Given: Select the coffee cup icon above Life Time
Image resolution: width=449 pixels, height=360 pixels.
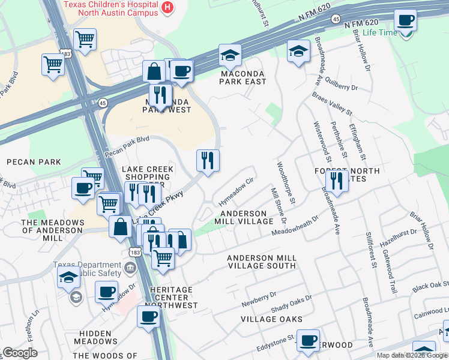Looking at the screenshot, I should click(405, 20).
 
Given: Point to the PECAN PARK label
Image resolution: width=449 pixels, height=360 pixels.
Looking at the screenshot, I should click(34, 162).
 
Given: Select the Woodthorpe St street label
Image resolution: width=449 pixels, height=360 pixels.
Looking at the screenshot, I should click(285, 182).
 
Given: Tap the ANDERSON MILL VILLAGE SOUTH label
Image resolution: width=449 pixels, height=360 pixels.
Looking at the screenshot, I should click(261, 261).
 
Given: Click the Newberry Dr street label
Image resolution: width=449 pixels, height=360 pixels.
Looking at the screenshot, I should click(258, 296).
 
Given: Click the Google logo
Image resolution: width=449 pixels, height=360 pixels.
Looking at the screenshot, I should click(19, 353).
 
